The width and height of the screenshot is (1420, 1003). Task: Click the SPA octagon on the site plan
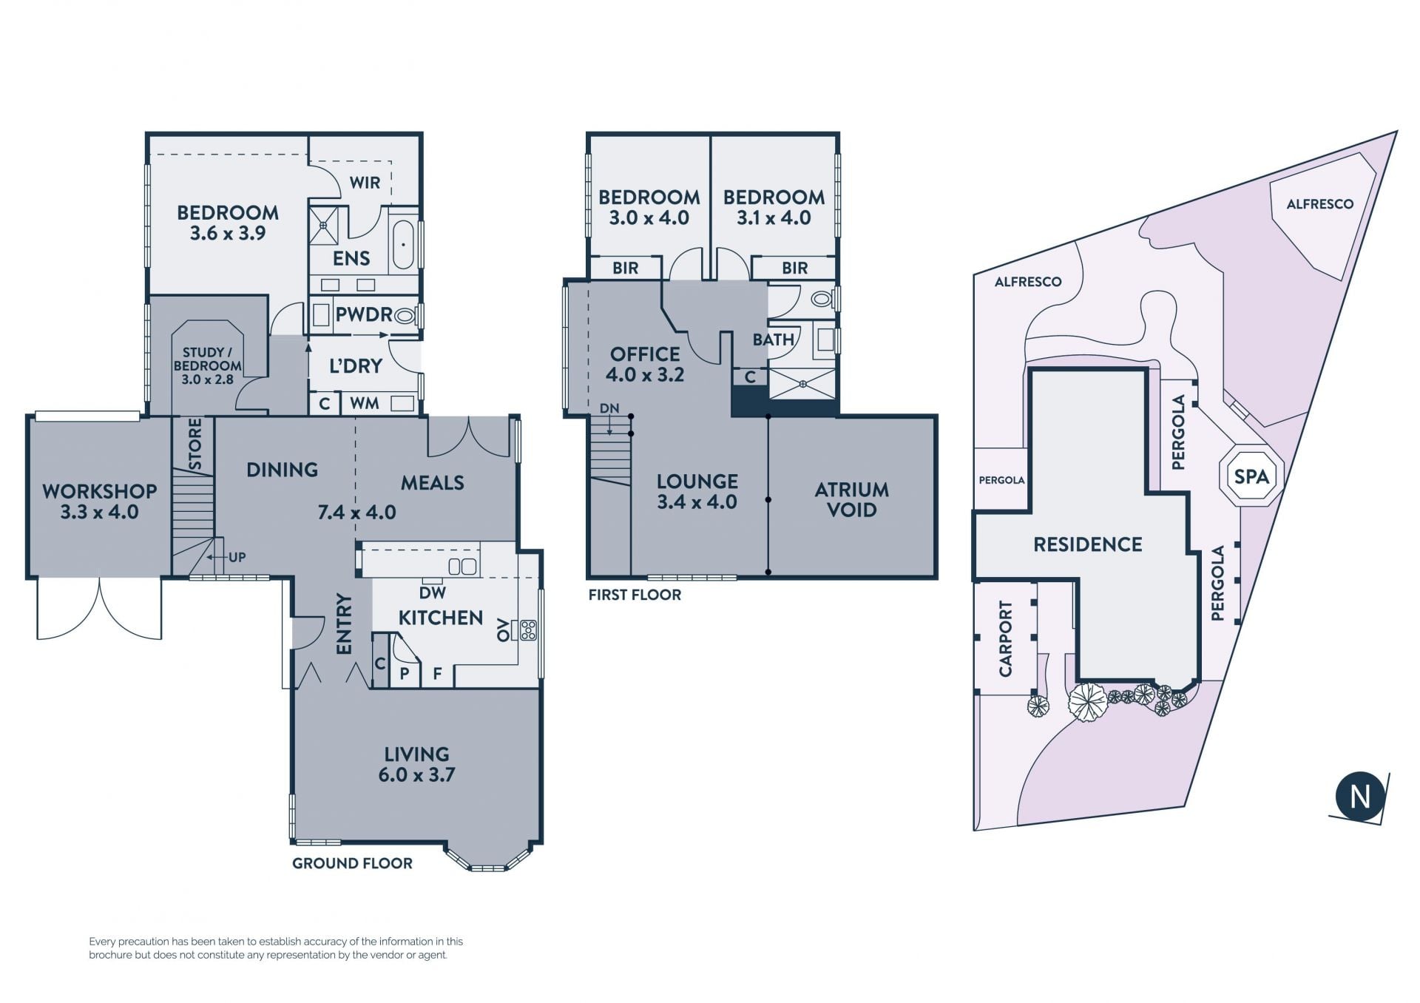click(x=1251, y=476)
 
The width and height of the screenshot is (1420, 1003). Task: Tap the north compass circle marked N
click(x=1359, y=796)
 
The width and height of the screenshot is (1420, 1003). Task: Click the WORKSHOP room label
click(x=100, y=491)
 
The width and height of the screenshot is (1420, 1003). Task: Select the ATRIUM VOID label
click(x=852, y=499)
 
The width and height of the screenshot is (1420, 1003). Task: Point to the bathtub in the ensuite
click(x=403, y=243)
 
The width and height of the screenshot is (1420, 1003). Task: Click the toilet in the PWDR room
click(x=404, y=316)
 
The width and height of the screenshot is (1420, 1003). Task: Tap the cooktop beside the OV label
click(x=529, y=629)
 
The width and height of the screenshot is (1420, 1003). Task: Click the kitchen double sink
click(x=463, y=567)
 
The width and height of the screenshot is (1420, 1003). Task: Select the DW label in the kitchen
click(x=433, y=592)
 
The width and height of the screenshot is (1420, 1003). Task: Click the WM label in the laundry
click(x=365, y=403)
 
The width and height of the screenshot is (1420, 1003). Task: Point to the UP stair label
click(x=237, y=557)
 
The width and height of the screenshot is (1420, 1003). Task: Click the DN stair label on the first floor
click(x=609, y=408)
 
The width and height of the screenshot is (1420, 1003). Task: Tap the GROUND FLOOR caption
click(x=352, y=863)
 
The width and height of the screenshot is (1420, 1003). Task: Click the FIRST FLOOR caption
click(x=635, y=595)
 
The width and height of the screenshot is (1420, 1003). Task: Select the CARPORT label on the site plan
click(x=1005, y=638)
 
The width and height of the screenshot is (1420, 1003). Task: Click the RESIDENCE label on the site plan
click(x=1087, y=544)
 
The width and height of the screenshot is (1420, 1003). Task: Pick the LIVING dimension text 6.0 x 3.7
click(x=416, y=774)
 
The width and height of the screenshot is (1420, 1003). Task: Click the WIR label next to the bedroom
click(x=365, y=183)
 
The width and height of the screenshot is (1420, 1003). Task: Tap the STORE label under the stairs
click(x=195, y=444)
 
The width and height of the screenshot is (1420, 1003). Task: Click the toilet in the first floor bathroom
click(x=822, y=299)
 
